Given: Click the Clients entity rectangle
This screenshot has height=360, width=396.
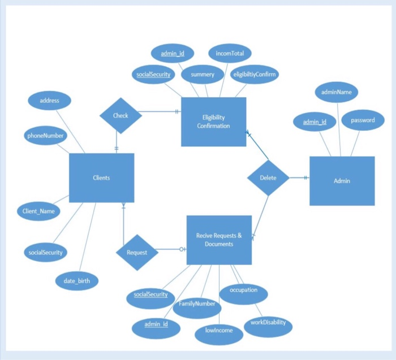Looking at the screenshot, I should click(101, 177).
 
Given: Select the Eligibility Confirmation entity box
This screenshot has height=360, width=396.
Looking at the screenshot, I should click(213, 122).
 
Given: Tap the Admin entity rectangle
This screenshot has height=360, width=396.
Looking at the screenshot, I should click(342, 181).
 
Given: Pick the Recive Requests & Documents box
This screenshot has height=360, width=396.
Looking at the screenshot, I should click(219, 240).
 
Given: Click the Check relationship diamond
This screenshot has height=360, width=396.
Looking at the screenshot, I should click(120, 115).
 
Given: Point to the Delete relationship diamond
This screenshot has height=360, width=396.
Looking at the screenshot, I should click(268, 177).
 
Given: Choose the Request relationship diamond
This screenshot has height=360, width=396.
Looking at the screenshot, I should click(137, 252).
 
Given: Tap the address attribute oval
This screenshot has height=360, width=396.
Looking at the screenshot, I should click(50, 101).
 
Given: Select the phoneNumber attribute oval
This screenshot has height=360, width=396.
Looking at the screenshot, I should click(45, 136).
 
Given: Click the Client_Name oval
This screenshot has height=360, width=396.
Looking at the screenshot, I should click(38, 211).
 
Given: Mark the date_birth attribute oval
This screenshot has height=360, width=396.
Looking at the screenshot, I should click(77, 280).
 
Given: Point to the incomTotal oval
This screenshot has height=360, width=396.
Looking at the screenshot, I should click(230, 54).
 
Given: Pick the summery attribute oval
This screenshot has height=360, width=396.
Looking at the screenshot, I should click(203, 74).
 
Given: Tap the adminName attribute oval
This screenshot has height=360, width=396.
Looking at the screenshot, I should click(336, 92).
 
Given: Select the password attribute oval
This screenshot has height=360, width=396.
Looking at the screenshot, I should click(363, 120).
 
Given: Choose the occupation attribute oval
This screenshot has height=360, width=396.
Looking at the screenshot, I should click(243, 290).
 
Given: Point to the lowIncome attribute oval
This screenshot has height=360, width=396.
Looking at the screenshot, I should click(218, 331).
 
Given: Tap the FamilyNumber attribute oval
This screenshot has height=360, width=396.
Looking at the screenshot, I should click(197, 303).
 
